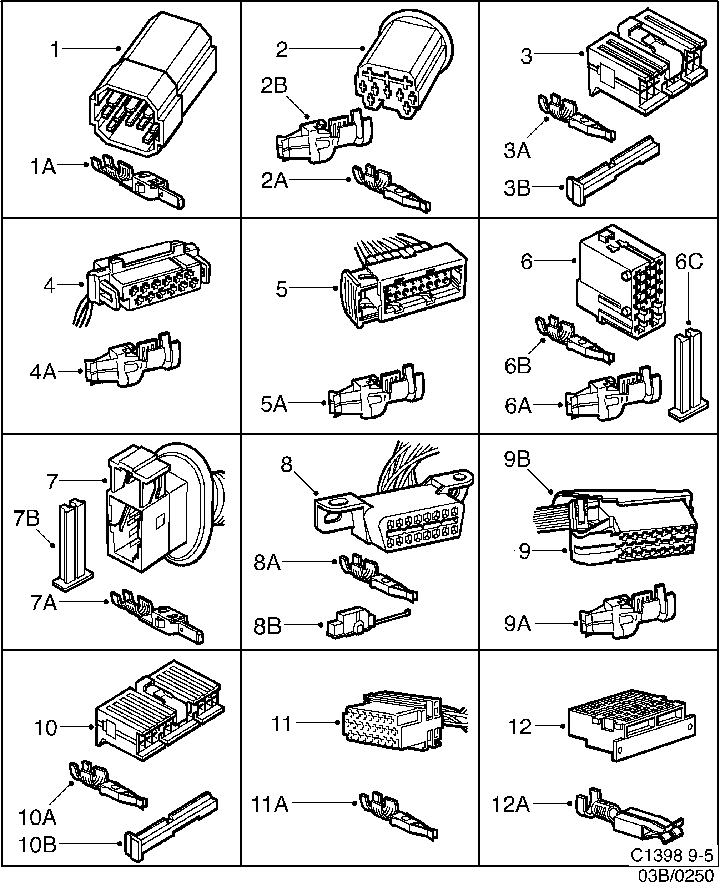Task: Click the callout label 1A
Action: [43, 168]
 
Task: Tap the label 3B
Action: [517, 188]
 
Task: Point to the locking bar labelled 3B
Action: [612, 171]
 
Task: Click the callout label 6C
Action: [689, 262]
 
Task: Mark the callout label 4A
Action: [43, 372]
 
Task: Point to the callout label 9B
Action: [517, 459]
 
